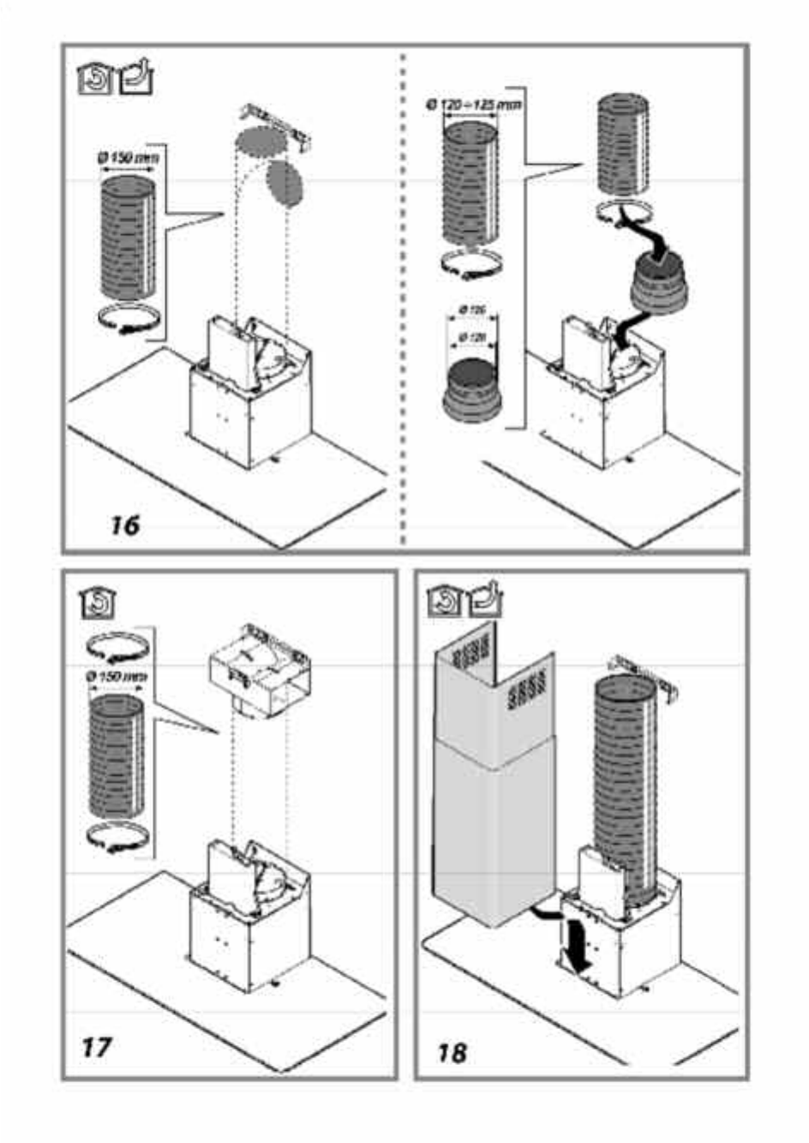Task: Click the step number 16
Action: [125, 524]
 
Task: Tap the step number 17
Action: [97, 1046]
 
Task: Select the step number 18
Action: [452, 1051]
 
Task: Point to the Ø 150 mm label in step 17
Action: [117, 677]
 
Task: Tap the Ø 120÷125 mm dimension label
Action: [474, 105]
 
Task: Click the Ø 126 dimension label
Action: [472, 309]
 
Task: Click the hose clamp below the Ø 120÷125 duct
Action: [470, 266]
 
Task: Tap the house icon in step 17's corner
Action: [97, 604]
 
